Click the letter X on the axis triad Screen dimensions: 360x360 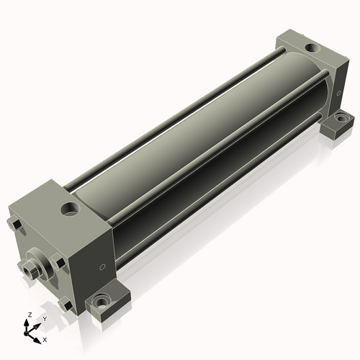(x=45, y=340)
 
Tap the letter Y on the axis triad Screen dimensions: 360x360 (x=45, y=319)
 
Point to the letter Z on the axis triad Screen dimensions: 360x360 (x=30, y=315)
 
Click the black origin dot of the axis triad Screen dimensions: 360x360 (x=25, y=333)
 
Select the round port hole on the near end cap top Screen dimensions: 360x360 (x=71, y=209)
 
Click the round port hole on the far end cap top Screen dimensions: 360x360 (x=312, y=48)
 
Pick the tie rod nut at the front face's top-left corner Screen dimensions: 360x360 (x=15, y=224)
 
